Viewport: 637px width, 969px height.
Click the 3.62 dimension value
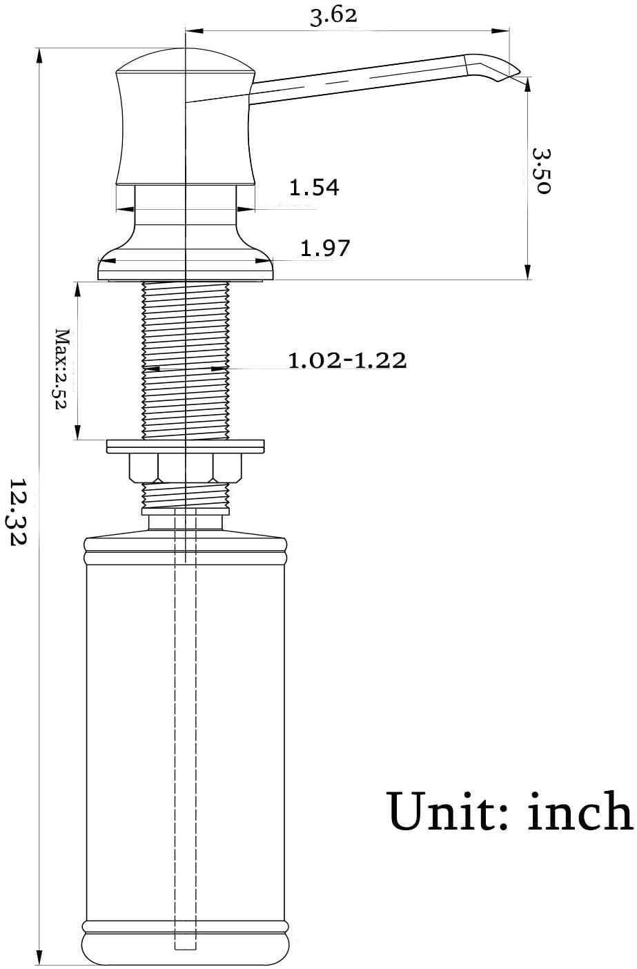333,17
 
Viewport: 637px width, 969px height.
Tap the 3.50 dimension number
541,171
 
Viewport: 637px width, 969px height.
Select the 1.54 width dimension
314,187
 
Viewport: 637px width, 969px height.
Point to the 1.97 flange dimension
325,248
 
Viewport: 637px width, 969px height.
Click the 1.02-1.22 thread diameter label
347,360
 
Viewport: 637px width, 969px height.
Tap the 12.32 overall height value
19,511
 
